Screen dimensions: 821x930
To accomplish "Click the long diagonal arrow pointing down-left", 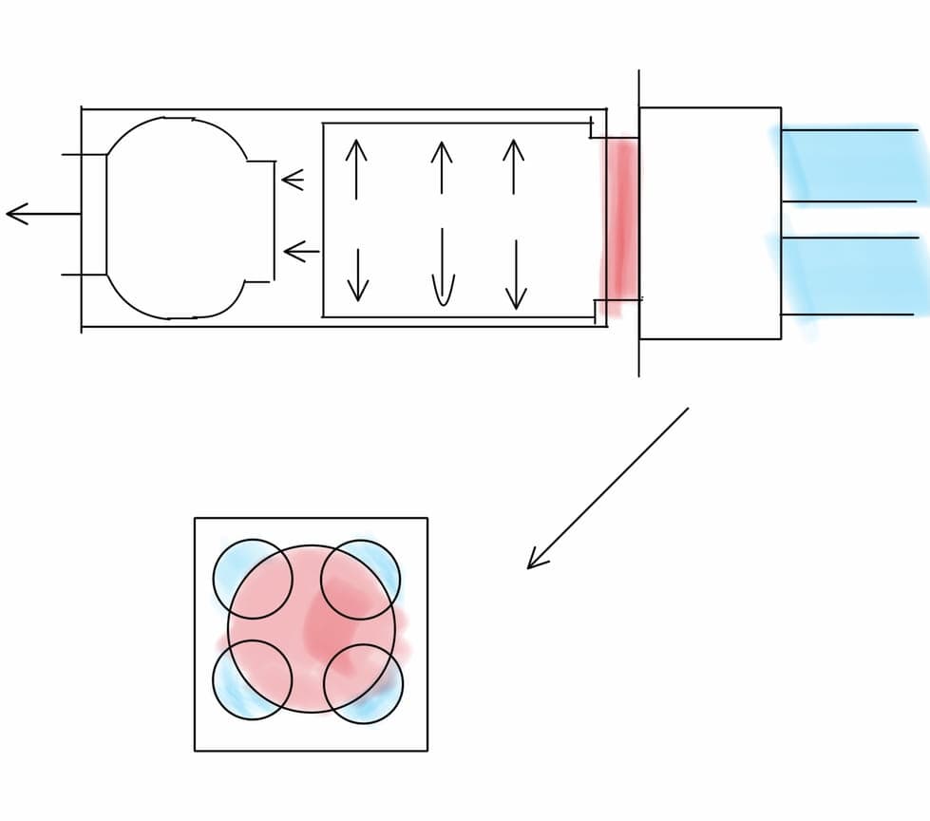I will click(608, 488).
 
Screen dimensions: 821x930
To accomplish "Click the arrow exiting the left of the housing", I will click(43, 214).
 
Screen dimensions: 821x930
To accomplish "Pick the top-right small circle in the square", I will click(360, 579).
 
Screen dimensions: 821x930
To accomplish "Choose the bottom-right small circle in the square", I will click(363, 683).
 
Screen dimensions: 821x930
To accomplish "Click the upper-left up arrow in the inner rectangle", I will click(355, 168).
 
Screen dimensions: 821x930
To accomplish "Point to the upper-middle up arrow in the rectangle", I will click(441, 167).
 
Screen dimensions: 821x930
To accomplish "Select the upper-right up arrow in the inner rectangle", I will click(513, 167).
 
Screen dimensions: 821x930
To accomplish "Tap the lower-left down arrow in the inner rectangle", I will click(357, 275).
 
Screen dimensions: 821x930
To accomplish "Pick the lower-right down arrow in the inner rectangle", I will click(516, 275).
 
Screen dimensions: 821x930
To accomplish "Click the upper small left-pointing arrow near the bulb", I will click(293, 179).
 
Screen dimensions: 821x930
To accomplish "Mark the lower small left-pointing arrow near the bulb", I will click(301, 252).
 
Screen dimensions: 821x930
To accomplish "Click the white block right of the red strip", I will click(710, 223).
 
